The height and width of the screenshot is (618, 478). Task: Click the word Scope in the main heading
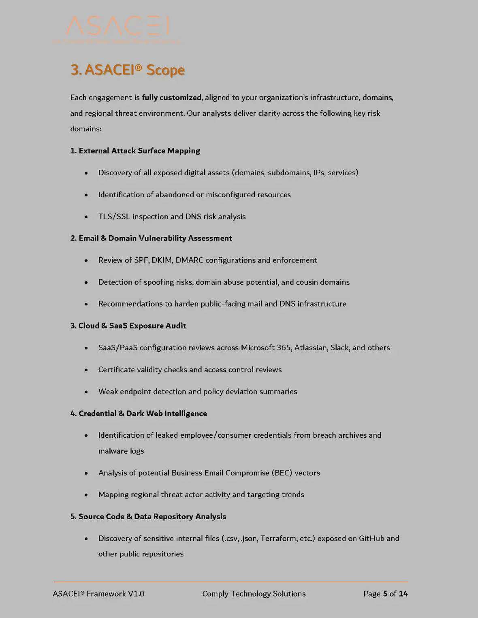(165, 70)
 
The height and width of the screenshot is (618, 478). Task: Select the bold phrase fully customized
(171, 98)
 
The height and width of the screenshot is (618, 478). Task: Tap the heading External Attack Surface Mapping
(135, 151)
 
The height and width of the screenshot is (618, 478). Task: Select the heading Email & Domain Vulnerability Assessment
(151, 238)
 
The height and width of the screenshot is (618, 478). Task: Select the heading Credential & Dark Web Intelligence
(139, 413)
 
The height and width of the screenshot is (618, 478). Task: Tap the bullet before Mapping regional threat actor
(86, 495)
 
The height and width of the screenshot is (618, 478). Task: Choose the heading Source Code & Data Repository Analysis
(148, 516)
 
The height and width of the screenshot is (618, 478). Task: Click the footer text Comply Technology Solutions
(254, 594)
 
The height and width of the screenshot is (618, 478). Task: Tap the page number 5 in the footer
(385, 594)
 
